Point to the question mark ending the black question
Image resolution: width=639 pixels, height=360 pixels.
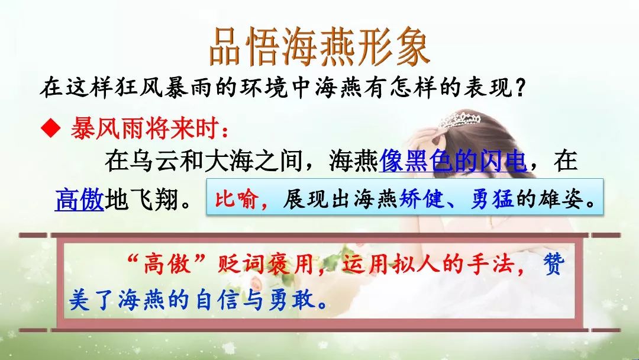coord(519,87)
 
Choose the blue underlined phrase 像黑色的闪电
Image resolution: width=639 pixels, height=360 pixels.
coord(453,160)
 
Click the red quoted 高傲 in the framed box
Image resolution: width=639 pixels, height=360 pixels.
coord(167,263)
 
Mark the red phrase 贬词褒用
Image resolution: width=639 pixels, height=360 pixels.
coord(265,263)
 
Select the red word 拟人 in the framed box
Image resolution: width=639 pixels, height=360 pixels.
coord(416,263)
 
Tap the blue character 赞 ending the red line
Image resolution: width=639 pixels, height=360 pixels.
coord(554,263)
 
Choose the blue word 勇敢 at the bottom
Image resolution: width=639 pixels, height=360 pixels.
coord(292,300)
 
